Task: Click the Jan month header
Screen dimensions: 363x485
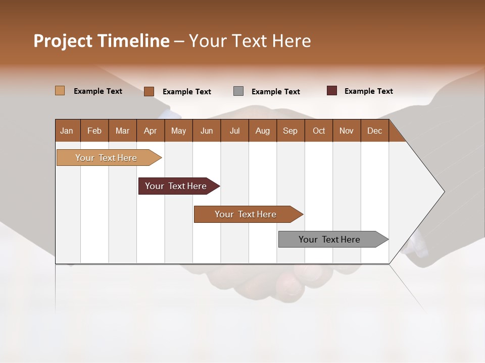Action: pyautogui.click(x=67, y=131)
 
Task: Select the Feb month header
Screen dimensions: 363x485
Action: pyautogui.click(x=94, y=131)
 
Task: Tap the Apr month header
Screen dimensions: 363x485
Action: pyautogui.click(x=150, y=131)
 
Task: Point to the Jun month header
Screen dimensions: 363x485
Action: pyautogui.click(x=207, y=131)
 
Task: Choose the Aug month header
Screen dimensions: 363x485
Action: pyautogui.click(x=262, y=131)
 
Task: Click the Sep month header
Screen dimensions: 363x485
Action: pyautogui.click(x=290, y=131)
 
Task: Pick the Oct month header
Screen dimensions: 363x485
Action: pyautogui.click(x=319, y=131)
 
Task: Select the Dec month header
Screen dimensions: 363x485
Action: pyautogui.click(x=374, y=131)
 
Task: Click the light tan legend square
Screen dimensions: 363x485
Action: pyautogui.click(x=60, y=91)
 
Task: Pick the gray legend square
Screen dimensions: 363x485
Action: pyautogui.click(x=238, y=91)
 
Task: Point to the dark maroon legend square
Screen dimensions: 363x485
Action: pyautogui.click(x=331, y=91)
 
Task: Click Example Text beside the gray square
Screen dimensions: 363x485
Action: pyautogui.click(x=275, y=92)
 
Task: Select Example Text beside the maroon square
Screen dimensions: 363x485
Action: pyautogui.click(x=368, y=91)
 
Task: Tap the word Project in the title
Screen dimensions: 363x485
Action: pyautogui.click(x=63, y=41)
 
